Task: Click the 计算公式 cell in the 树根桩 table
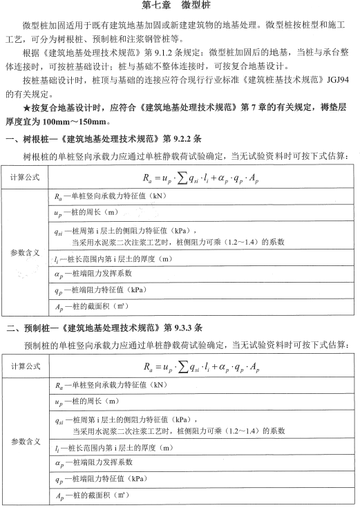(26, 178)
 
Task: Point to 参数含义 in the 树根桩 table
(26, 252)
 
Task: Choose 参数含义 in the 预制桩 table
(26, 440)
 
